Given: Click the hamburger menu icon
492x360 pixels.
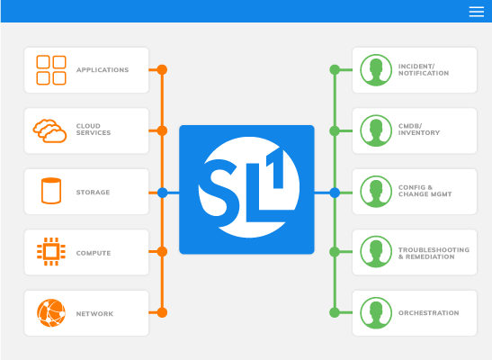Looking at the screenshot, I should click(x=477, y=12).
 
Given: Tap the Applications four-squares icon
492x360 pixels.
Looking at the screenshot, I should click(x=50, y=70).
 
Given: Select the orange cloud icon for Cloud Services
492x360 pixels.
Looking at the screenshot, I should click(x=50, y=130).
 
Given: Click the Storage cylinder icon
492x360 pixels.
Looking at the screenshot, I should click(x=50, y=192).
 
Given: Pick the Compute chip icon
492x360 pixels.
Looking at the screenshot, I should click(x=50, y=252).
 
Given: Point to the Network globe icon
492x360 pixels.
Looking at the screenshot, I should click(x=50, y=312).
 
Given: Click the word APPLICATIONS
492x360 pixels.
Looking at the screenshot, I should click(x=103, y=70).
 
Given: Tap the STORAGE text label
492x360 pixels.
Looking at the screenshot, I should click(x=94, y=192).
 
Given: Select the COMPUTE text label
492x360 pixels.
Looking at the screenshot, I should click(x=94, y=253).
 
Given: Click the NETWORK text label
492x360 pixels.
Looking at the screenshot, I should click(x=94, y=313).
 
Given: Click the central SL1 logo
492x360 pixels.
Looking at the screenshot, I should click(x=246, y=189).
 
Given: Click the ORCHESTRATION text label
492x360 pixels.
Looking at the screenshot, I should click(x=428, y=313).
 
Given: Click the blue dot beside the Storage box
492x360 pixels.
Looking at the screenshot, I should click(x=162, y=192).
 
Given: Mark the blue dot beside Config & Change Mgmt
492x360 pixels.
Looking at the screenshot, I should click(x=335, y=192).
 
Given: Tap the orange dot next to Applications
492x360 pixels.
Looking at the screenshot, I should click(x=162, y=69).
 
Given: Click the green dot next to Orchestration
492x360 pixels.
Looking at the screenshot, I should click(x=335, y=312).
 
